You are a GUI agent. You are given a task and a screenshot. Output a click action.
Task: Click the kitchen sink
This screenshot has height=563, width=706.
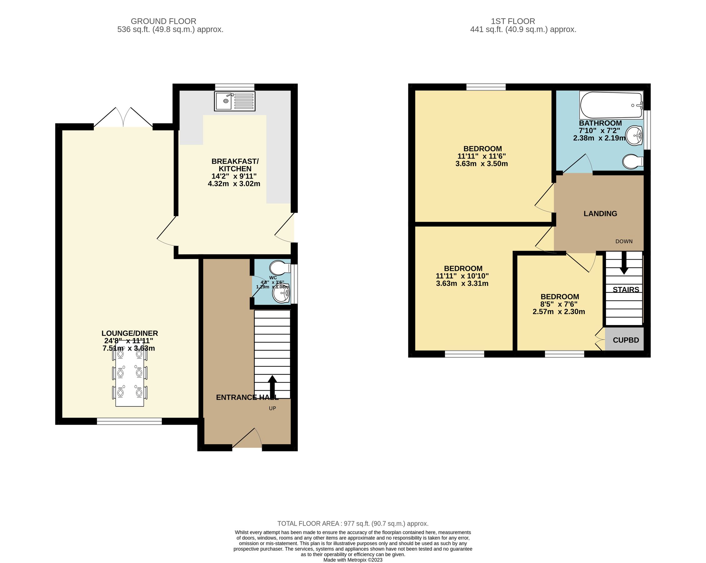click(235, 101)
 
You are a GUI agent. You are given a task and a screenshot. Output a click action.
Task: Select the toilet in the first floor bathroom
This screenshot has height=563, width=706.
click(632, 162)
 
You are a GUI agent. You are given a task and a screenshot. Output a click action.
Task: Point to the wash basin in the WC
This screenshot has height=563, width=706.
click(281, 293)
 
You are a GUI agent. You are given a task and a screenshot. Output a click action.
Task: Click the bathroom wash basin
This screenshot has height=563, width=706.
click(634, 135)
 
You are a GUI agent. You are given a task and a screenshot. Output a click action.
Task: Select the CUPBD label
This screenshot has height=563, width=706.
click(626, 340)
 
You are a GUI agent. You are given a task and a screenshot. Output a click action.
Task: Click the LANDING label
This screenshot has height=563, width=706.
click(600, 214)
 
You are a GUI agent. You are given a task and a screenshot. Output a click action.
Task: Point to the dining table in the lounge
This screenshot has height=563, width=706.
click(130, 373)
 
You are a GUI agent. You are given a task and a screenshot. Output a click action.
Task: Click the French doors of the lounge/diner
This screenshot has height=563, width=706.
click(123, 118)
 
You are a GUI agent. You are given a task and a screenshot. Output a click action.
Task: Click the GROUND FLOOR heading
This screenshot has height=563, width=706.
click(163, 21)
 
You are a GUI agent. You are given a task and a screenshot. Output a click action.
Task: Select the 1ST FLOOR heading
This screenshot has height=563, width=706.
click(513, 21)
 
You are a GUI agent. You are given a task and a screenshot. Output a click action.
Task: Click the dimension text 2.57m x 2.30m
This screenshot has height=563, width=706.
click(559, 312)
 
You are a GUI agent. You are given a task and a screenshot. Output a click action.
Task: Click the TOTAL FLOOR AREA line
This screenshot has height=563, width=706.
click(353, 523)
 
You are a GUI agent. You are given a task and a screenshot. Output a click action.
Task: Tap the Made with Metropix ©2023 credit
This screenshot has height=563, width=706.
click(353, 560)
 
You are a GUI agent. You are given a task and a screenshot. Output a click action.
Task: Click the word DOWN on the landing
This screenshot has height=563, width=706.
click(624, 241)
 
